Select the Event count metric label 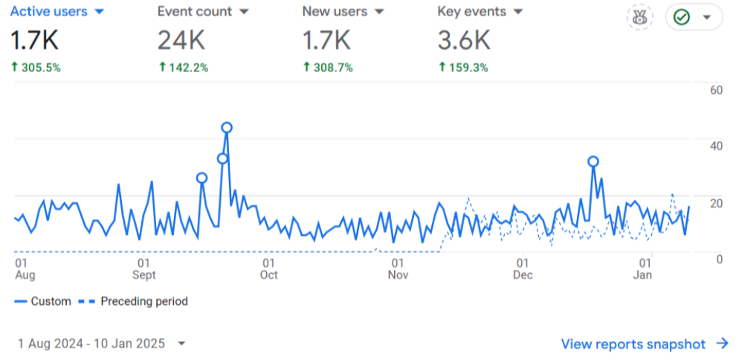194,12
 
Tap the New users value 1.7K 326,40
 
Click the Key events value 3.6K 463,40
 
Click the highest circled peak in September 227,127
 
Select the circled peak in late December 593,161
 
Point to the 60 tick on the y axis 717,91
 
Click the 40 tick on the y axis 717,146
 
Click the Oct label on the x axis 268,275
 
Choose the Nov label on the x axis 398,275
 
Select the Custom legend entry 43,301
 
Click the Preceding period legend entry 138,301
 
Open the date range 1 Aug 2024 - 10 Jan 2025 92,344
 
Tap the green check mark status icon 681,16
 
